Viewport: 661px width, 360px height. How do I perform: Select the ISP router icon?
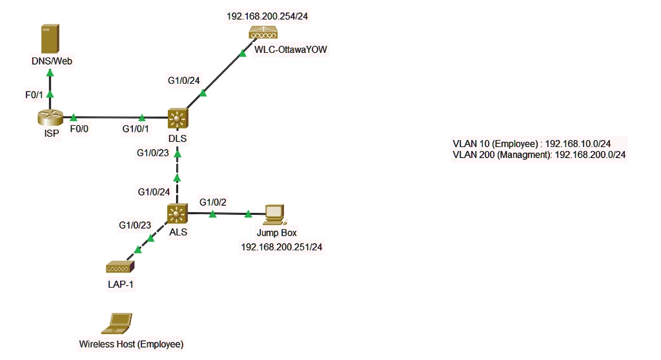point(49,117)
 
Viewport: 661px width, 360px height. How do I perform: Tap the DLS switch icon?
point(177,118)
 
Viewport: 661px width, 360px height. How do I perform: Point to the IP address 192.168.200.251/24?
point(281,246)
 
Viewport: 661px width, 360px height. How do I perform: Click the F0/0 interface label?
point(81,129)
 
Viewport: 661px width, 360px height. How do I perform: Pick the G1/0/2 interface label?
point(213,202)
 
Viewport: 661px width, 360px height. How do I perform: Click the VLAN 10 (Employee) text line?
point(540,144)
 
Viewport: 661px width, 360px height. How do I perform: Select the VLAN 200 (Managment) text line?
point(540,155)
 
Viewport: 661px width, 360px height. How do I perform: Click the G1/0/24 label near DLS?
point(184,81)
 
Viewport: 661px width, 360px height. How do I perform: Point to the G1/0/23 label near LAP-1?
point(135,225)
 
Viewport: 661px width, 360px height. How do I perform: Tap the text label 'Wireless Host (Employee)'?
point(131,344)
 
